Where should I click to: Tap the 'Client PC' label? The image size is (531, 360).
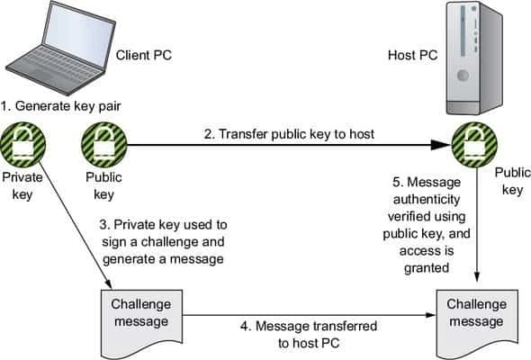[x=145, y=55]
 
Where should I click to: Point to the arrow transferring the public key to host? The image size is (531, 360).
[x=288, y=144]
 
